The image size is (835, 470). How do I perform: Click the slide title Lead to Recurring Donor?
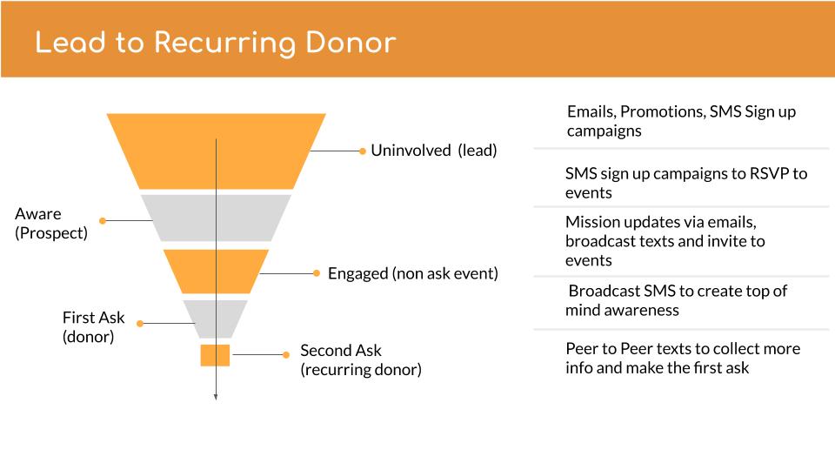[x=216, y=43]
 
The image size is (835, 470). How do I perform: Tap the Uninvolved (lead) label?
[x=434, y=151]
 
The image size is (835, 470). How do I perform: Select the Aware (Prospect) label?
[x=51, y=224]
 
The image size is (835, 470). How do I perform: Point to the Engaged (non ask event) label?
[x=412, y=274]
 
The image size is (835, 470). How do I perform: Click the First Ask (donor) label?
[x=93, y=327]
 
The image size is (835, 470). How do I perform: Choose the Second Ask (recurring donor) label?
[x=361, y=360]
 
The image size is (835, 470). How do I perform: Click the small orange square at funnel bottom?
[x=215, y=355]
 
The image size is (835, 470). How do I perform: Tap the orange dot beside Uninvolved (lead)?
[x=363, y=151]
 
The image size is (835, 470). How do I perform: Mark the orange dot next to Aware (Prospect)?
[x=103, y=220]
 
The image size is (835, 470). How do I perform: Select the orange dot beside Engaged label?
[x=317, y=273]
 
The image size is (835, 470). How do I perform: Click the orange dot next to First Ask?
[x=140, y=324]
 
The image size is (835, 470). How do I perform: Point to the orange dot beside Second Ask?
[x=286, y=355]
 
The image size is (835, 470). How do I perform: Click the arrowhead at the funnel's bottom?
[x=216, y=397]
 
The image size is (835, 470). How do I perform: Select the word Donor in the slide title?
[x=351, y=43]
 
